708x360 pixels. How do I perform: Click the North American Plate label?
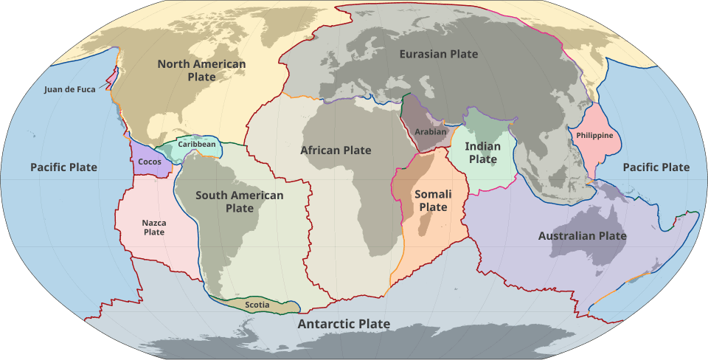[x=201, y=71]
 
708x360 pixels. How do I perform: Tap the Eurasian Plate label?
[x=438, y=54]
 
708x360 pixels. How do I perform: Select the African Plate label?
[x=335, y=150]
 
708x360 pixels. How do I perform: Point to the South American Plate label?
[x=239, y=201]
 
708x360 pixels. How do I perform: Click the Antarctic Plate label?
[x=344, y=324]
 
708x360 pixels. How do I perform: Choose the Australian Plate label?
[x=582, y=236]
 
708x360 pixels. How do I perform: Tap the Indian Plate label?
[x=483, y=153]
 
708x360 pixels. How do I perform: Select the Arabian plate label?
[x=431, y=132]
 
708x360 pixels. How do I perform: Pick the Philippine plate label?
[x=594, y=135]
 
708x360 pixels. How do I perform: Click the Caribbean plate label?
[x=197, y=144]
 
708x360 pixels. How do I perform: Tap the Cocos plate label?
[x=150, y=162]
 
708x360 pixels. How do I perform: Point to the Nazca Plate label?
[x=154, y=227]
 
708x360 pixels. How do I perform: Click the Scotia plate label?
[x=257, y=304]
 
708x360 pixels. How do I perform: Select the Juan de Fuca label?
[x=70, y=90]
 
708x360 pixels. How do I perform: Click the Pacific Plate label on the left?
[x=63, y=167]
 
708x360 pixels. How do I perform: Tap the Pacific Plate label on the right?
[x=656, y=167]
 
